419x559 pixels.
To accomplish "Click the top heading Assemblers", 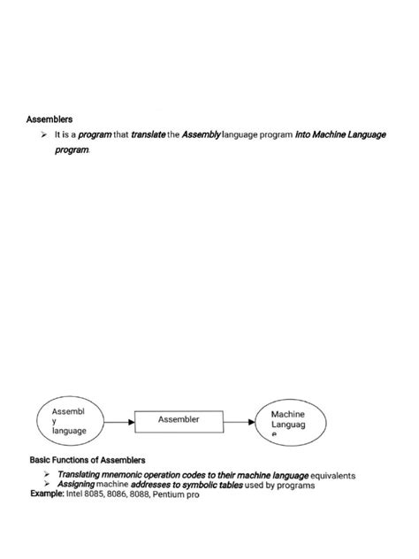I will point(50,118).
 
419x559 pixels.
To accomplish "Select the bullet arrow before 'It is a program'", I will point(43,134).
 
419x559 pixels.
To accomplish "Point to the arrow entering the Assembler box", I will point(125,422).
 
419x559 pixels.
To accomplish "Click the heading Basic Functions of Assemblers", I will point(87,460).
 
